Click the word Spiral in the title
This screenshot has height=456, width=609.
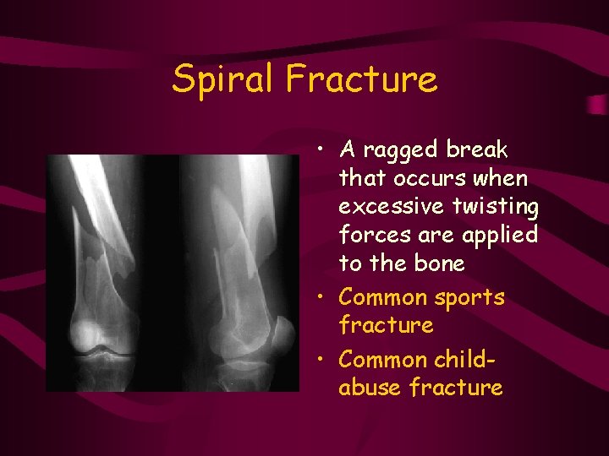224,80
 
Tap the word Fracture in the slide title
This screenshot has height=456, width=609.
362,80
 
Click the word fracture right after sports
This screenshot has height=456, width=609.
386,325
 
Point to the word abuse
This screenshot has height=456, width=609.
370,388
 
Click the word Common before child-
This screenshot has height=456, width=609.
382,360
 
